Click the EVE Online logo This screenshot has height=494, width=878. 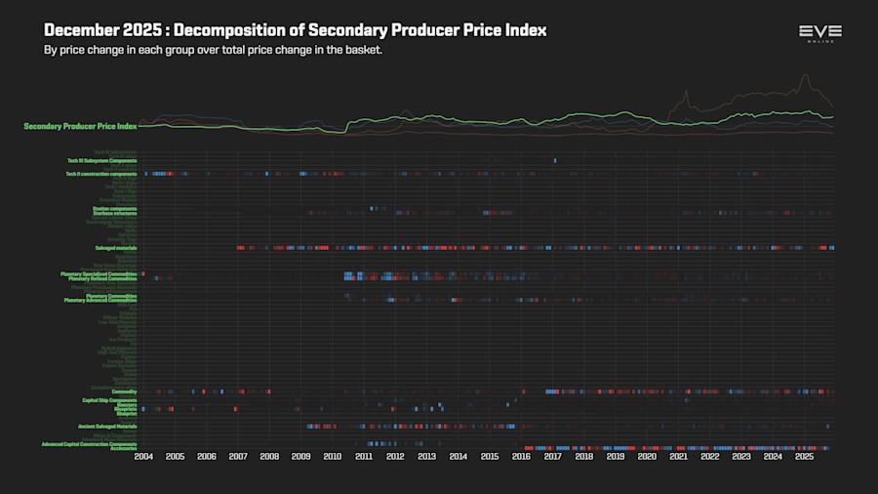[x=819, y=33]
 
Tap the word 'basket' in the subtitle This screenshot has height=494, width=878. [x=362, y=50]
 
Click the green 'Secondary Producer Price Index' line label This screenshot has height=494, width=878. [x=80, y=126]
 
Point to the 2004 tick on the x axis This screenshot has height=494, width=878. [x=143, y=456]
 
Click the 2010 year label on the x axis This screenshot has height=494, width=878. [x=333, y=456]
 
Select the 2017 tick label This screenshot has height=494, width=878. [x=552, y=456]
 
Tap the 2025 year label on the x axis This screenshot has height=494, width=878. [x=804, y=456]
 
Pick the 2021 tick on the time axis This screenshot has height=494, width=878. [x=678, y=456]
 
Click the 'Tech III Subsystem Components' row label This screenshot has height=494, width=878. [x=101, y=160]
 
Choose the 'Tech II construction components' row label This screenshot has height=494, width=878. [x=100, y=174]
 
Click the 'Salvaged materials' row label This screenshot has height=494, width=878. [x=115, y=248]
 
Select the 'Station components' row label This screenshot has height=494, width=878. [x=115, y=208]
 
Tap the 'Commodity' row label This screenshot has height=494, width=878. [x=124, y=391]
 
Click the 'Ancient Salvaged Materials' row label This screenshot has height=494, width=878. [x=107, y=427]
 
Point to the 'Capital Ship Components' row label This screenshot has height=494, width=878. [x=109, y=400]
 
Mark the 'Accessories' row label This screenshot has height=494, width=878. [x=123, y=448]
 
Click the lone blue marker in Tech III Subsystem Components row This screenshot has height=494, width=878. [x=555, y=160]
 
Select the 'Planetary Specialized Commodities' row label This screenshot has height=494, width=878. [x=99, y=273]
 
